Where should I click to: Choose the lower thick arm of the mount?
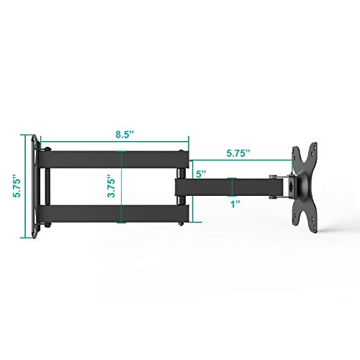click(115, 214)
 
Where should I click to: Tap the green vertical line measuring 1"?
click(232, 186)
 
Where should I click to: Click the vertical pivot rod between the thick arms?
click(46, 185)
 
